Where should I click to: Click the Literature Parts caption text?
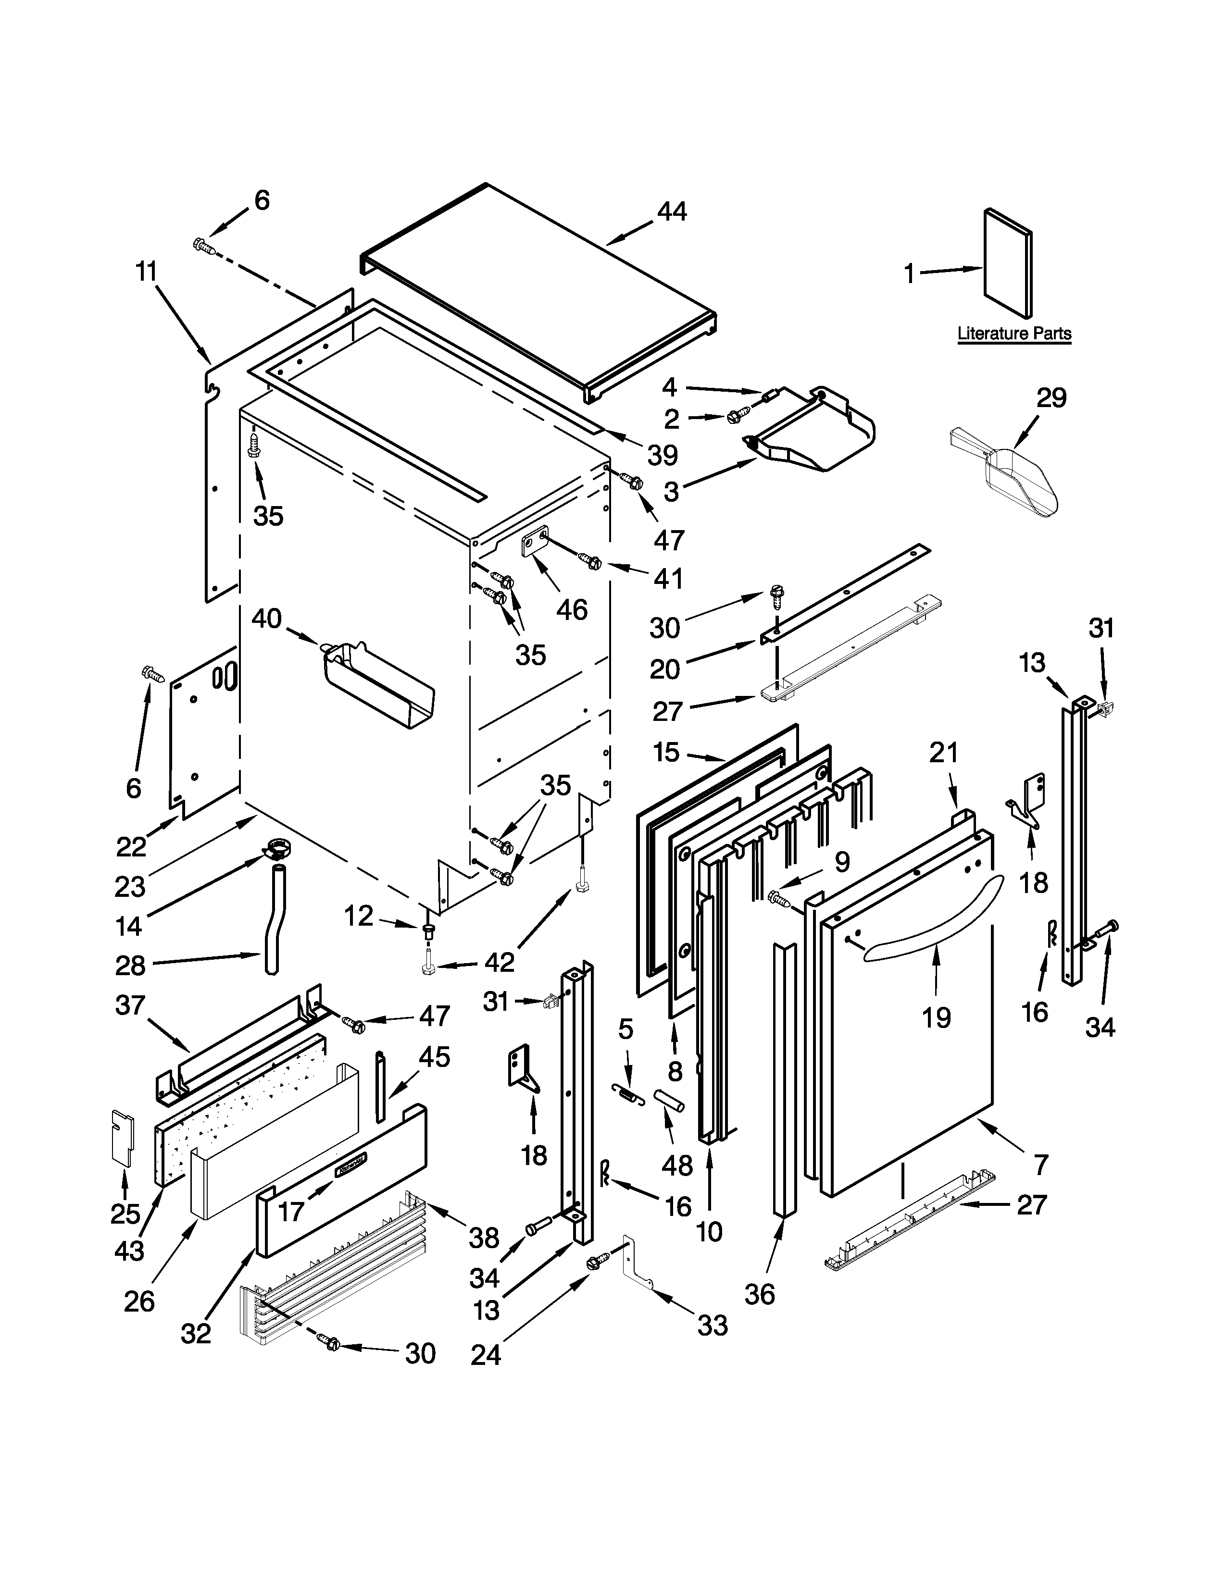coord(1014,334)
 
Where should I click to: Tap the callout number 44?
coord(671,211)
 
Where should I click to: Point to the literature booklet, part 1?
coord(1007,263)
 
